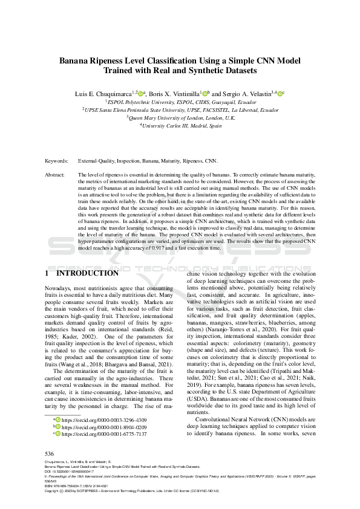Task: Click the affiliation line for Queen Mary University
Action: [x=180, y=117]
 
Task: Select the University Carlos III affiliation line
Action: [x=180, y=125]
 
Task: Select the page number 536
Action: [x=50, y=453]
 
